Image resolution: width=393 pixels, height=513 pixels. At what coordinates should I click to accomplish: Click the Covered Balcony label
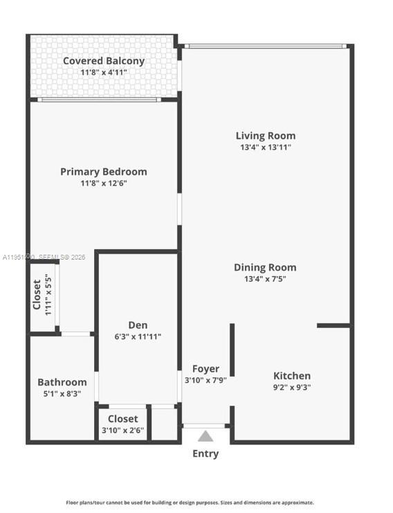tap(104, 61)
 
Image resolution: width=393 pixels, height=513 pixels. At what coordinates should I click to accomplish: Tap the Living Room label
tap(265, 136)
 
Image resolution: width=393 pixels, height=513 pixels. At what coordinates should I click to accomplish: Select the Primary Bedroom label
tap(104, 172)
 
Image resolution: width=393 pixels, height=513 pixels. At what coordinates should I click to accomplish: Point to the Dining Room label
tap(265, 267)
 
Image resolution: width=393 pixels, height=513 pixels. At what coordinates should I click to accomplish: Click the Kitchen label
tap(292, 375)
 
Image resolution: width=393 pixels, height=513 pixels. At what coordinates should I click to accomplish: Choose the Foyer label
tap(205, 369)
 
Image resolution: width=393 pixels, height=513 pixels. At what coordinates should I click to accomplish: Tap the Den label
tap(138, 325)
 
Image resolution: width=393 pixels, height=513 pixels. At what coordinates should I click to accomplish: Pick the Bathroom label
tap(62, 382)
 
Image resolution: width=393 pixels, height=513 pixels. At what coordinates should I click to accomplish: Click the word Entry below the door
tap(205, 453)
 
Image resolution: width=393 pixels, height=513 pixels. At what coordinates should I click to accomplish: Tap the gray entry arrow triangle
tap(205, 436)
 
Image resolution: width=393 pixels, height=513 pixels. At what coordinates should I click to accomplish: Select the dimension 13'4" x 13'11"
tap(265, 147)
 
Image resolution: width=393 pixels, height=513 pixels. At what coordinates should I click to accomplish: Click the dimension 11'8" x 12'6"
tap(104, 183)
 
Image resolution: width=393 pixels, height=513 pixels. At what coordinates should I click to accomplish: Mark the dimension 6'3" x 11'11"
tap(138, 337)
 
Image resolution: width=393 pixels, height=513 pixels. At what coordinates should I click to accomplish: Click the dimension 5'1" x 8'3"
tap(62, 393)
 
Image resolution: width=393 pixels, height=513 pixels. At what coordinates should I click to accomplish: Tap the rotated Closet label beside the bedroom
tap(37, 295)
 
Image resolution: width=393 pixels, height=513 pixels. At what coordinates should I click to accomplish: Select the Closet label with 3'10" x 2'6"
tap(122, 419)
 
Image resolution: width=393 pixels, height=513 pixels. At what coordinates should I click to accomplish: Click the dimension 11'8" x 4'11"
tap(104, 72)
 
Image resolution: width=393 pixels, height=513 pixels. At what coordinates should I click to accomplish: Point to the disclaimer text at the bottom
tap(190, 503)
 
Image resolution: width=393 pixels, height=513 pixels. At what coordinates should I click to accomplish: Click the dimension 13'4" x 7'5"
tap(265, 279)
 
